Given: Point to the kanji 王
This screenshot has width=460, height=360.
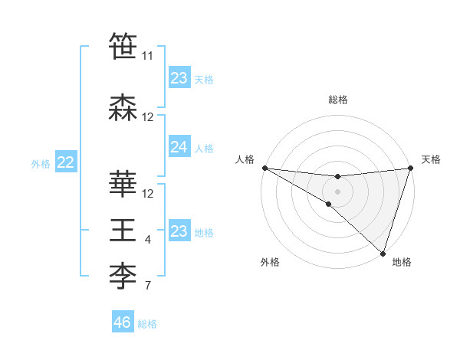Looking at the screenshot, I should [x=123, y=230].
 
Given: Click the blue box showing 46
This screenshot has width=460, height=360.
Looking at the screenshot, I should [x=123, y=322].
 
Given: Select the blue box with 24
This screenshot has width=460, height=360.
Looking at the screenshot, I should [x=179, y=147].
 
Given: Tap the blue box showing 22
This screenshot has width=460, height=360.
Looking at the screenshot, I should [x=66, y=162].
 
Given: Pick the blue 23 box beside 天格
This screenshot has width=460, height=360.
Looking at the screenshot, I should [x=179, y=78].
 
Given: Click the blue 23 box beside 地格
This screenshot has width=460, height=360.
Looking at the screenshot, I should [x=179, y=231].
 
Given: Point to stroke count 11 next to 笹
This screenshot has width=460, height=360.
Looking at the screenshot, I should [x=147, y=56].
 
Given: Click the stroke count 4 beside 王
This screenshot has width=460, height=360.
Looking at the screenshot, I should [x=148, y=241].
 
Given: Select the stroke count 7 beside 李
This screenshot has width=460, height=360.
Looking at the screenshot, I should [x=148, y=286].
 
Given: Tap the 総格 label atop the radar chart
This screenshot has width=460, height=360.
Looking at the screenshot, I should [x=337, y=100].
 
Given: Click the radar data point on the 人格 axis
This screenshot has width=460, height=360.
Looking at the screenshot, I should [x=264, y=168].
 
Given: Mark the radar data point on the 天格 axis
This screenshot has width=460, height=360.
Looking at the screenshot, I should [x=410, y=168].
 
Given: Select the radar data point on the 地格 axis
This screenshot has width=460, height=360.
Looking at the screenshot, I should [x=383, y=253].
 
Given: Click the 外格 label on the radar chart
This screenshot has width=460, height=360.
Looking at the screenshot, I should [x=270, y=263].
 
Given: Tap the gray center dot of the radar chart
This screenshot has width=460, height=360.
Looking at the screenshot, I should [x=337, y=190].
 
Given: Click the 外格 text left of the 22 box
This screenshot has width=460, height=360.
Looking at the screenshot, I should [x=41, y=163].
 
